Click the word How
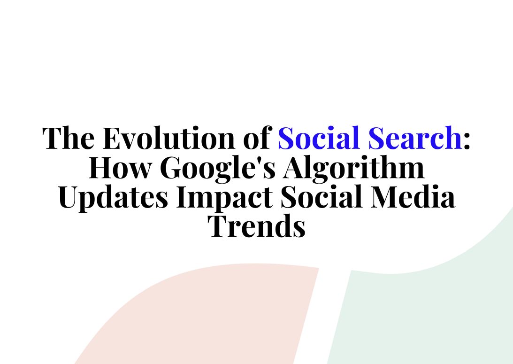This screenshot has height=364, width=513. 120,168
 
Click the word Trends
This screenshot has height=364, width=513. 257,226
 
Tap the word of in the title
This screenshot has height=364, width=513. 258,138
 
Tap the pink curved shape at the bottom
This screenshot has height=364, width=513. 211,319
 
